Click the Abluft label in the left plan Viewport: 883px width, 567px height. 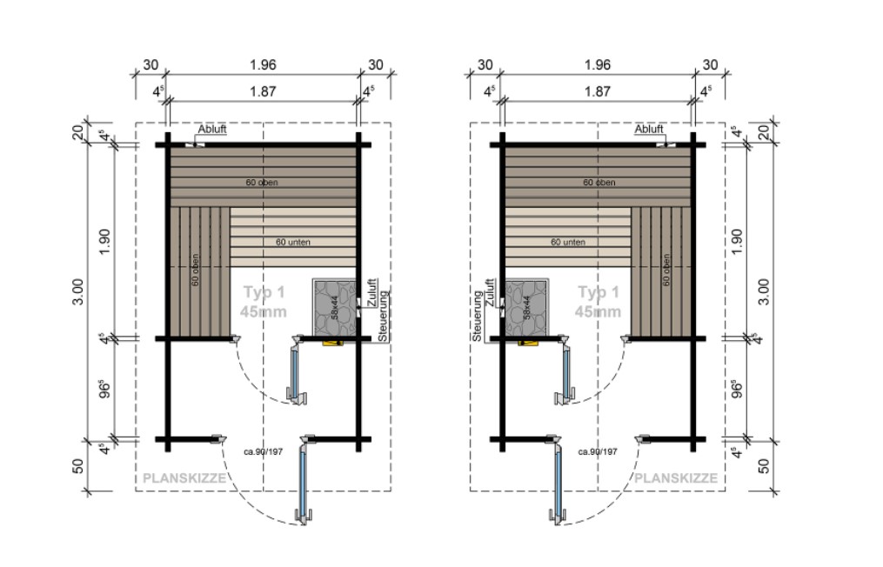212,130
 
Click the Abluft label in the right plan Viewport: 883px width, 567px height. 649,130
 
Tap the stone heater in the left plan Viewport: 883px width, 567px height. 336,307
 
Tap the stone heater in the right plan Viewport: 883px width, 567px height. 525,307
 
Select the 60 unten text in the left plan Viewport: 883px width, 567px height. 293,242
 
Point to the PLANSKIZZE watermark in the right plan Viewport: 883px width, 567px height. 676,478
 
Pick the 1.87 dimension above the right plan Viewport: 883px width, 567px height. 597,90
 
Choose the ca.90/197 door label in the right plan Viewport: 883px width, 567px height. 598,452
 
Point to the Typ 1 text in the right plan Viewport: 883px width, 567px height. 598,293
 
